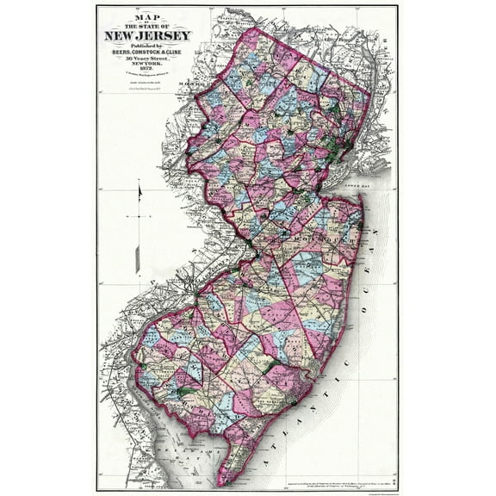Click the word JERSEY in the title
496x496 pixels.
pos(164,36)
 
